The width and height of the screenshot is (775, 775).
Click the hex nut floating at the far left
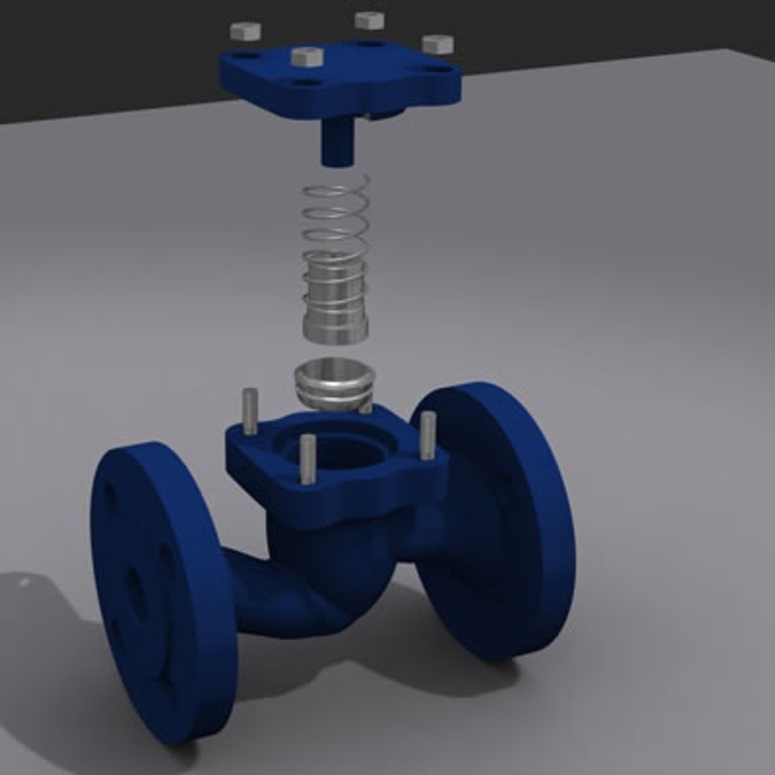(x=245, y=31)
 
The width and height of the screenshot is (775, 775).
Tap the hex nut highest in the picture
(x=370, y=20)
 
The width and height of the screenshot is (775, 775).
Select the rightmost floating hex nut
(x=437, y=44)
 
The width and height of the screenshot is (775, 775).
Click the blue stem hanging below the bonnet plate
(x=337, y=143)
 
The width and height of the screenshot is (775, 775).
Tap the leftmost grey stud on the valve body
(x=250, y=410)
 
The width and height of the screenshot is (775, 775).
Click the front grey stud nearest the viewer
(x=307, y=459)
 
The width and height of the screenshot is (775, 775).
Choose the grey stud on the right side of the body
(x=427, y=434)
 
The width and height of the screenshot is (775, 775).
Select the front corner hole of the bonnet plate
(x=310, y=83)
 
